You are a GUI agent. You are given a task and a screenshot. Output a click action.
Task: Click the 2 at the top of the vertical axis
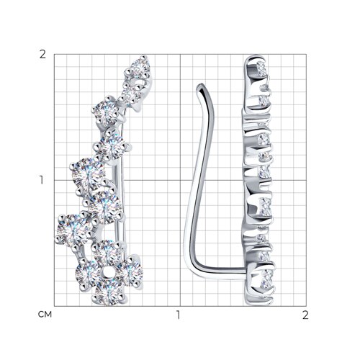(x=42, y=55)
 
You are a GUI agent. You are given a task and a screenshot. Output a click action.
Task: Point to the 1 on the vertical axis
(x=42, y=180)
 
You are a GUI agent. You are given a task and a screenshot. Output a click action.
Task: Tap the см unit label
(x=45, y=315)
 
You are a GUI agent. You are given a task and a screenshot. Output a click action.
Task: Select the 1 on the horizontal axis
(x=178, y=315)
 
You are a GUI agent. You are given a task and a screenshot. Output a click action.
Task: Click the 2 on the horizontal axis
(x=305, y=315)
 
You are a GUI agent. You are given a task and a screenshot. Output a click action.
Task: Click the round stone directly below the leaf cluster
(x=106, y=112)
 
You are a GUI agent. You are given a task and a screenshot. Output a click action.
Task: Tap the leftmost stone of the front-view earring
(x=73, y=229)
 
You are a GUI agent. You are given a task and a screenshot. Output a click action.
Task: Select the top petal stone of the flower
(x=106, y=253)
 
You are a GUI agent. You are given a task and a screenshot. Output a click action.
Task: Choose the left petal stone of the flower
(x=88, y=273)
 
